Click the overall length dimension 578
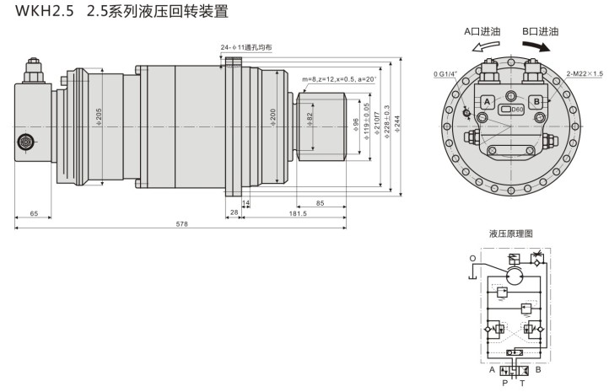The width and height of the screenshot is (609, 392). [181, 224]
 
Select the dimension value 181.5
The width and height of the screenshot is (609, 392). [297, 214]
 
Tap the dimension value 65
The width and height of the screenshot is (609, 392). [34, 214]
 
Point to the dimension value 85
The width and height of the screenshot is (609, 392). [321, 203]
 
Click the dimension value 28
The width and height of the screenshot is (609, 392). [234, 214]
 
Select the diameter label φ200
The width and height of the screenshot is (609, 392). [273, 115]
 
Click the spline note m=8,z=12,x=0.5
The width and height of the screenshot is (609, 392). [333, 78]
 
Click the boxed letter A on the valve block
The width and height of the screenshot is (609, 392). [487, 102]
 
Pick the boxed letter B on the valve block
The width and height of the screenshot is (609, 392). [536, 101]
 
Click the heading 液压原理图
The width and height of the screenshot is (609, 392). [511, 233]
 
